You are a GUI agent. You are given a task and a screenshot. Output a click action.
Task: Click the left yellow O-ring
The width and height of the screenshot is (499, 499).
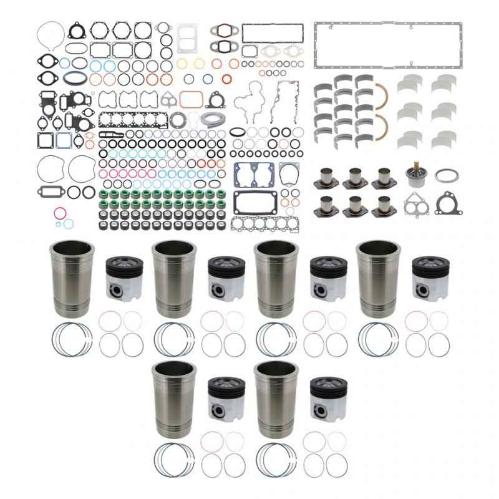pos(182,64)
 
